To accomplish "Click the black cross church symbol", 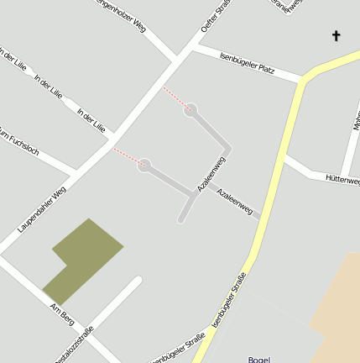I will click(337, 35).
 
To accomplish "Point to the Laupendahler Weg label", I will click(41, 209).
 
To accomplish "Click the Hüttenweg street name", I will click(342, 179).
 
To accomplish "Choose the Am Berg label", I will click(62, 316).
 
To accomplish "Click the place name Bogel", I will click(259, 359).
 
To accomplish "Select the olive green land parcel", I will click(84, 257).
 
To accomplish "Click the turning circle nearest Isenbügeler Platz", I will click(190, 108).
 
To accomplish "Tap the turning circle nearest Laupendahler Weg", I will click(144, 166).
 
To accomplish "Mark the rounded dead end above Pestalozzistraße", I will click(138, 280).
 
